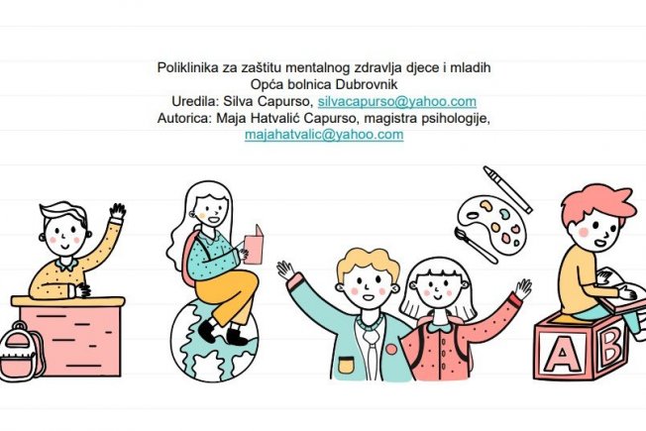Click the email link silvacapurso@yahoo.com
[397, 101]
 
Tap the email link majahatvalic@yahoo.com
[324, 135]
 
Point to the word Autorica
[183, 118]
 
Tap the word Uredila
[195, 101]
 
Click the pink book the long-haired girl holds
[254, 245]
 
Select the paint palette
[491, 225]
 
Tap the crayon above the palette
[507, 189]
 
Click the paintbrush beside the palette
[476, 245]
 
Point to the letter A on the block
[562, 353]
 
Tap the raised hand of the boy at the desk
[118, 212]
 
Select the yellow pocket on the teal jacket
[346, 366]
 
